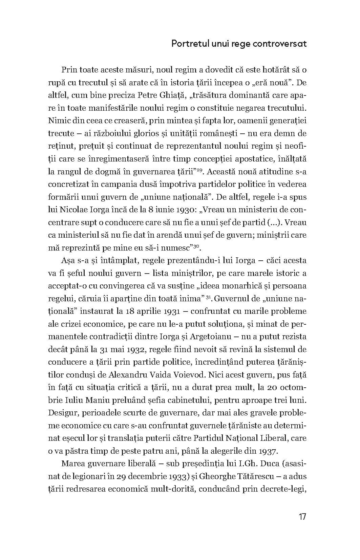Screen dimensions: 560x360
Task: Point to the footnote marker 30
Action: [196, 246]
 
